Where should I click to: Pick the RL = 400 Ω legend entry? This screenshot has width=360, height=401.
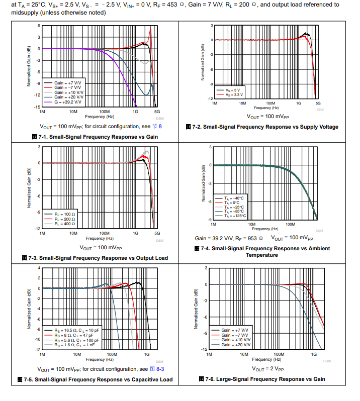pyautogui.click(x=65, y=224)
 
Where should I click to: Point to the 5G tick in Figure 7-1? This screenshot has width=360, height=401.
pyautogui.click(x=157, y=112)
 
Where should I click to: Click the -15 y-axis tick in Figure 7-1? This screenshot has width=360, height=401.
pyautogui.click(x=37, y=107)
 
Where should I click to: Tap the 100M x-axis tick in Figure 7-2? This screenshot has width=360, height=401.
pyautogui.click(x=270, y=103)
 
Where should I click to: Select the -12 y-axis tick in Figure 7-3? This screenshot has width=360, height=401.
pyautogui.click(x=37, y=229)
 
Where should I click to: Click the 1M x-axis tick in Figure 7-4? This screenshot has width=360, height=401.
pyautogui.click(x=214, y=224)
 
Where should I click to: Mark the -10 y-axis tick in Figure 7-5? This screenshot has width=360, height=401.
pyautogui.click(x=37, y=340)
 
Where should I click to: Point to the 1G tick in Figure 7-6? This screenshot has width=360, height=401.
pyautogui.click(x=314, y=354)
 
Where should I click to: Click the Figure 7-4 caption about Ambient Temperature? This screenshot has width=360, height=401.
pyautogui.click(x=261, y=252)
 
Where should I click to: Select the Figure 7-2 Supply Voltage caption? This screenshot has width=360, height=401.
pyautogui.click(x=261, y=127)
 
